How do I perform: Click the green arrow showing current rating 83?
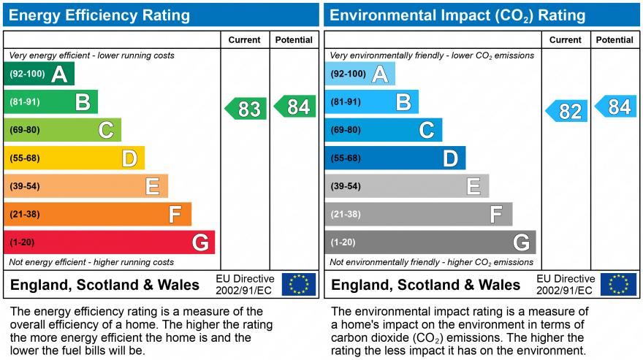246,109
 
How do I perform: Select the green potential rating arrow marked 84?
295,107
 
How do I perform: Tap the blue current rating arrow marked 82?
567,111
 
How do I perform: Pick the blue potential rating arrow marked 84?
616,107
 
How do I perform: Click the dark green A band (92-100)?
39,74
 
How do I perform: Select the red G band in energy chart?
110,242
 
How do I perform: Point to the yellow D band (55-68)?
74,158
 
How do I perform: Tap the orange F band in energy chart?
97,214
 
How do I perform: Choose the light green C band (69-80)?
62,130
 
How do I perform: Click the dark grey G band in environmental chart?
430,242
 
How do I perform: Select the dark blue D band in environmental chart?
395,158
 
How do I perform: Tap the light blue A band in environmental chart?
359,74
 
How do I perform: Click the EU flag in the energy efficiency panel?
299,284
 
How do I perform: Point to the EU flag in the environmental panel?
618,284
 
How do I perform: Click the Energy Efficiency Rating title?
100,15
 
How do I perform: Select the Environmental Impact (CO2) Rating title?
457,15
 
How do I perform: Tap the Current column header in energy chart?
244,40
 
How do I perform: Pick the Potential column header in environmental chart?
614,40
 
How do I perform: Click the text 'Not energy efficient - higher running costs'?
91,262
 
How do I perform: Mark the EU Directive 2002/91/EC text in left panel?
245,285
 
